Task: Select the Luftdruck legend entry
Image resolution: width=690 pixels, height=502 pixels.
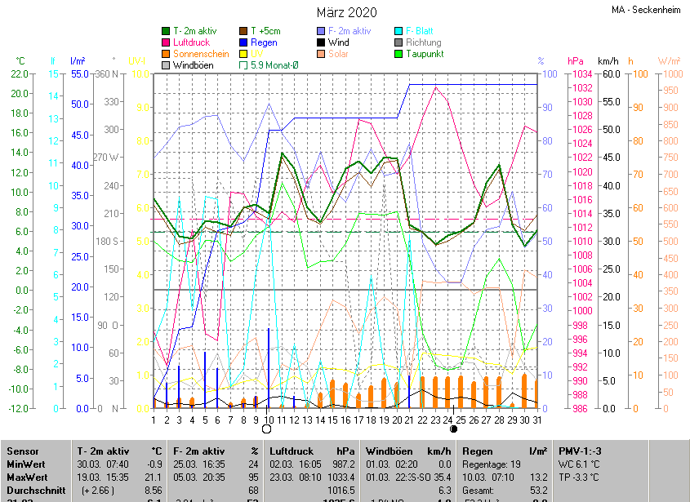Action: [x=191, y=42]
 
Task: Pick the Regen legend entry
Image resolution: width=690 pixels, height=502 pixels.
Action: [x=264, y=42]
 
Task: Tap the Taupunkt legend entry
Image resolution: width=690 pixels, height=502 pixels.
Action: [x=424, y=54]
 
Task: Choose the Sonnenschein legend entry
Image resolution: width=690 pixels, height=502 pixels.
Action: [x=201, y=54]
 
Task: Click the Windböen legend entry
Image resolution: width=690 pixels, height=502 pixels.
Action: [x=192, y=65]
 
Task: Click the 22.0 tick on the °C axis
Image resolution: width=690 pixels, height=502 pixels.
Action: [x=20, y=74]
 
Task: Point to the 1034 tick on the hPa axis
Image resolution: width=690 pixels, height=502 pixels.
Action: [x=581, y=74]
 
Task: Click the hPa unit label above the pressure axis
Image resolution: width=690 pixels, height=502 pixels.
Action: [x=576, y=61]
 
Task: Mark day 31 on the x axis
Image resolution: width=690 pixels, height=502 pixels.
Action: [x=536, y=420]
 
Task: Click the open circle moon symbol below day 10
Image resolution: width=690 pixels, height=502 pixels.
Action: [x=267, y=429]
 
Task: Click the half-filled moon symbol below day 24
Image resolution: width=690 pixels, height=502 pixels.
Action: [x=453, y=429]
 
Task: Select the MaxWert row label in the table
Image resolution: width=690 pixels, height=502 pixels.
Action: [x=27, y=477]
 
